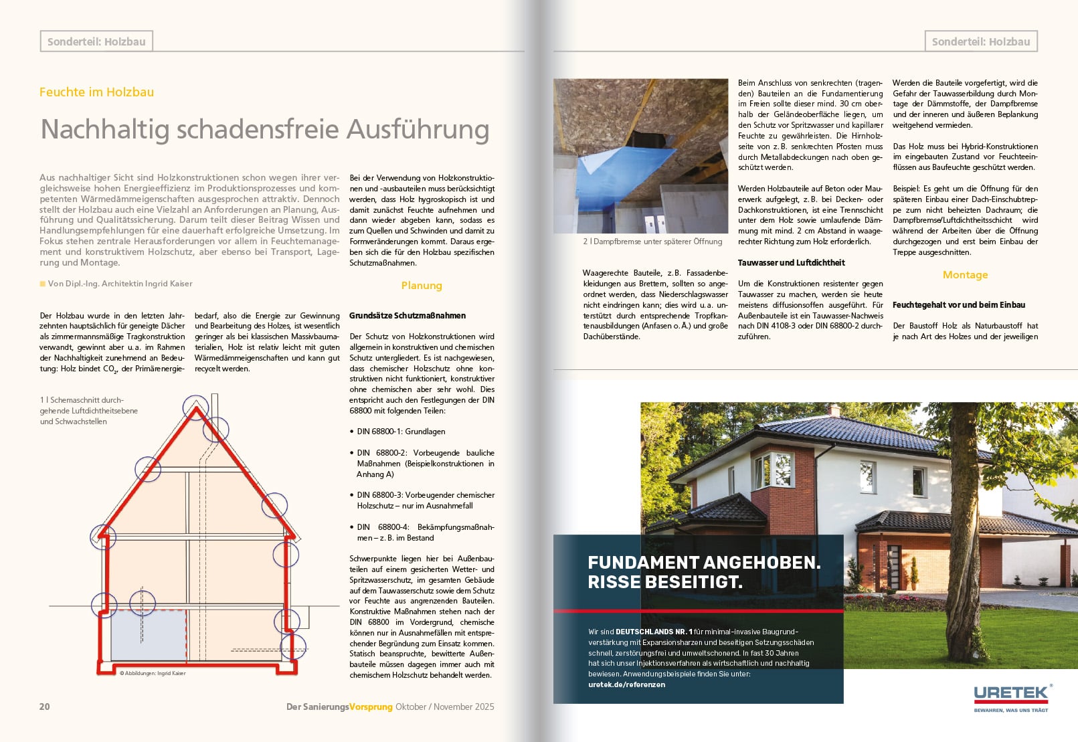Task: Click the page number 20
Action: point(45,707)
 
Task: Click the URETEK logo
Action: point(1011,694)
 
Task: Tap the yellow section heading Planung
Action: point(422,286)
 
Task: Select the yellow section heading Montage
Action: point(965,275)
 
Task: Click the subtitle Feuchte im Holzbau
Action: point(96,92)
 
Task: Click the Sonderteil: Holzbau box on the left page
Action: point(96,41)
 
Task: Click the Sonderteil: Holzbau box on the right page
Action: point(980,41)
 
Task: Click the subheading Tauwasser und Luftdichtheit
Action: point(791,263)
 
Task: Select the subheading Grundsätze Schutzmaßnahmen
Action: point(408,316)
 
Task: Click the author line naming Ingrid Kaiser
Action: point(120,284)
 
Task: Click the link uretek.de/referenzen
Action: point(626,684)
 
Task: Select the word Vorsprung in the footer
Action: point(371,707)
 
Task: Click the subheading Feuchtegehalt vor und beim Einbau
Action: point(958,305)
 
